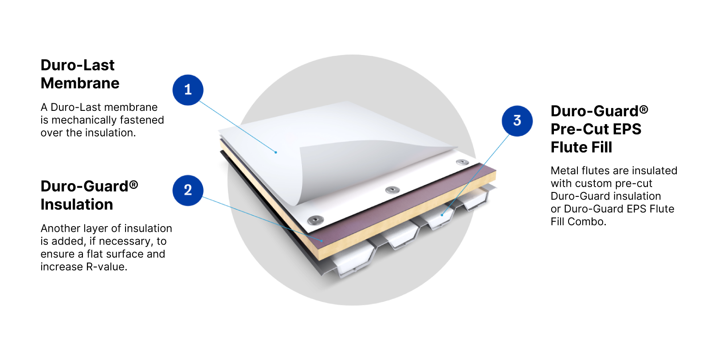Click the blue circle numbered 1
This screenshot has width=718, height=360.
pyautogui.click(x=188, y=90)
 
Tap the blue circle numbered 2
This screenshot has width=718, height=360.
pyautogui.click(x=188, y=190)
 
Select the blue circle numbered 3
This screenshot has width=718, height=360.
pyautogui.click(x=517, y=121)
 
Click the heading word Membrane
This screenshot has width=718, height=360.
pyautogui.click(x=80, y=83)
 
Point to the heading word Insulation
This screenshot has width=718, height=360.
pyautogui.click(x=77, y=204)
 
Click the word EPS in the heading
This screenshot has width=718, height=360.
pyautogui.click(x=627, y=129)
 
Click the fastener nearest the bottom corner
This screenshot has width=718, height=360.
pyautogui.click(x=315, y=220)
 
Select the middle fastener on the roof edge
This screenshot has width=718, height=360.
pyautogui.click(x=392, y=190)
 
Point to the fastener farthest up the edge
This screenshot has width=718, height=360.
pyautogui.click(x=462, y=162)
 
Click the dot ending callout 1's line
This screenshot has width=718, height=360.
pyautogui.click(x=276, y=152)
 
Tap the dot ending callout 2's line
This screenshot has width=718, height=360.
pyautogui.click(x=322, y=240)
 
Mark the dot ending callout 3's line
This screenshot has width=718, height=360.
pyautogui.click(x=442, y=215)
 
